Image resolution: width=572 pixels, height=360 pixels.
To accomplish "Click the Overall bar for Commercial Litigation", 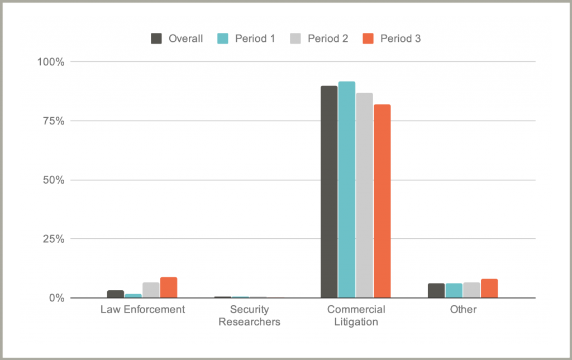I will [329, 192].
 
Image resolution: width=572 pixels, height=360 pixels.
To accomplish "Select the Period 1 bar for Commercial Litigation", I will [346, 190].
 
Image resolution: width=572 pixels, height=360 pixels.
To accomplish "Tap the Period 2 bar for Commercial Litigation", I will [364, 195].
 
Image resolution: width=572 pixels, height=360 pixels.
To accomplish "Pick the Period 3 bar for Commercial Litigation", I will [382, 201].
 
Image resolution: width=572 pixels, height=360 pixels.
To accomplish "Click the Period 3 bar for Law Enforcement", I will [169, 287].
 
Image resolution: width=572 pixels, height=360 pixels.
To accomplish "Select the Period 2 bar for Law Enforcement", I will [151, 290].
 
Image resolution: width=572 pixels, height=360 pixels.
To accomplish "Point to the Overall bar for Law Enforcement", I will [116, 294].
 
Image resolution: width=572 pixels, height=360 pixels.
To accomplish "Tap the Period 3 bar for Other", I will [489, 289].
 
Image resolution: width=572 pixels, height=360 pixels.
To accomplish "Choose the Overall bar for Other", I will [436, 291].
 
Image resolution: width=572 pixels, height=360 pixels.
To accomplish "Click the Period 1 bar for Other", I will [454, 291].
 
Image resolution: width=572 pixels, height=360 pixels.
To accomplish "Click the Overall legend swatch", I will [156, 39].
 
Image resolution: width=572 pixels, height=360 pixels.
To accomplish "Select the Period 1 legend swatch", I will [221, 39].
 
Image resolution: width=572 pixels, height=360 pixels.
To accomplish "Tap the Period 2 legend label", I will [328, 39].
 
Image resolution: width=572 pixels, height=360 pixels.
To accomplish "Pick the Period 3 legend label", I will [401, 39].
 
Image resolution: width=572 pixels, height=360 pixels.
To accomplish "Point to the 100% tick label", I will [51, 61].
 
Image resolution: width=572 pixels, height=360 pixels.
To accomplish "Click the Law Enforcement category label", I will [142, 309].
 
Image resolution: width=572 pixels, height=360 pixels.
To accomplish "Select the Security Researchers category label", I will [249, 315].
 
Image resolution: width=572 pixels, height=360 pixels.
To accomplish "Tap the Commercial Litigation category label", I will [356, 315].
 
